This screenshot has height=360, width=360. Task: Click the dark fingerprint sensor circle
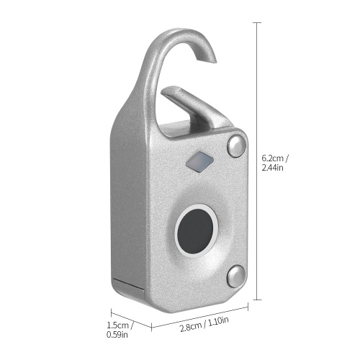click(195, 230)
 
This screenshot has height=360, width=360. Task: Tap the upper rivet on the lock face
click(237, 146)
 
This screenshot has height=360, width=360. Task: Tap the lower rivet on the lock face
click(237, 276)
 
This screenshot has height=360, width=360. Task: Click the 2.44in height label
click(272, 168)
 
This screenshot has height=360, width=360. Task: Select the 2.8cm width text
click(191, 327)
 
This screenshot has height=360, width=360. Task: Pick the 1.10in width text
click(218, 321)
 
